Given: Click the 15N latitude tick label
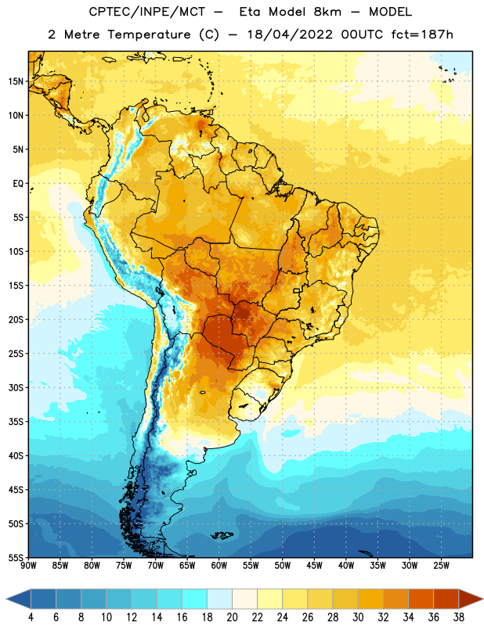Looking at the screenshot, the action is (x=16, y=81).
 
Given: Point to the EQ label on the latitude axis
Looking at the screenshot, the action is (x=18, y=184).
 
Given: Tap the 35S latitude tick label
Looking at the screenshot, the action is (x=16, y=422).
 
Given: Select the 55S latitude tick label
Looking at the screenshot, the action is (x=16, y=557).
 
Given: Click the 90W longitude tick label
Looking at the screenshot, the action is (x=28, y=566).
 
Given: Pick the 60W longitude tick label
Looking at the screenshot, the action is (x=219, y=566).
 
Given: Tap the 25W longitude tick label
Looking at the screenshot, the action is (x=441, y=566).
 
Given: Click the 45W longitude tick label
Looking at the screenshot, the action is (x=314, y=566).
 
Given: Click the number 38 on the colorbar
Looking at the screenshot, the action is (x=458, y=617).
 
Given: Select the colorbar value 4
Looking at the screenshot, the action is (x=31, y=617).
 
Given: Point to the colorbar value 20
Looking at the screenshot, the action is (x=232, y=617).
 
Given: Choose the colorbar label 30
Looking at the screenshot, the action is (x=358, y=617).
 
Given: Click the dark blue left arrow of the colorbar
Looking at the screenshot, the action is (x=19, y=599).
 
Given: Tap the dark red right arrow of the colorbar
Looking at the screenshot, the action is (x=471, y=599).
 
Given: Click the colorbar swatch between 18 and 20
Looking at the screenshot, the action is (x=219, y=599).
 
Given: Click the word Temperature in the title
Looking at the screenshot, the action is (x=149, y=34).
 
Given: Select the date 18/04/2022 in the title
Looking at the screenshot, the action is (x=290, y=34).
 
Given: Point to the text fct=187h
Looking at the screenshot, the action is (x=422, y=34).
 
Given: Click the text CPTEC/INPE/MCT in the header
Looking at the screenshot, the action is (x=147, y=12).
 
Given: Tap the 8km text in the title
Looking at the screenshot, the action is (x=327, y=12).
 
